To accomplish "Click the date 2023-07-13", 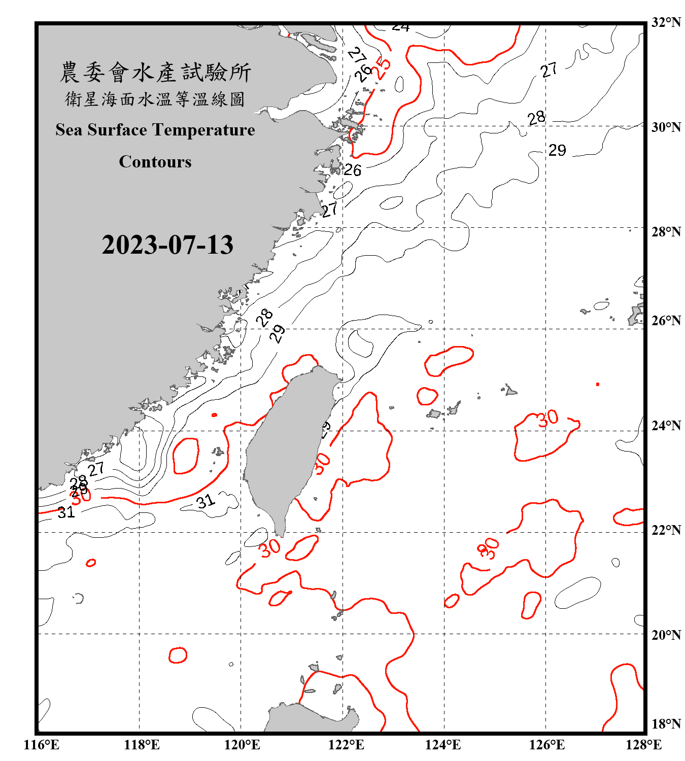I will coord(167,245).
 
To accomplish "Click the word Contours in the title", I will coord(155,162).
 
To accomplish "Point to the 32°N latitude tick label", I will coord(666,22).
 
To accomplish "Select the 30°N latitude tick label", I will coord(666,127).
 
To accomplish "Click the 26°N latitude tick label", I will coord(666,321).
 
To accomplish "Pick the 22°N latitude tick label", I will coord(666,530).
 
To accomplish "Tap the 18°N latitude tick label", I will coord(666,724).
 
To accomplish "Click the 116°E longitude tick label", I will coord(41,745).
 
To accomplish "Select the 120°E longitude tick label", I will coord(242,745).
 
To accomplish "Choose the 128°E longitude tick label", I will coord(643,745).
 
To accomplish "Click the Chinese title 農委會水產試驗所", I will coord(155,73).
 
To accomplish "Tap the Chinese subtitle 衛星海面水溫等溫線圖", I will coord(155,99).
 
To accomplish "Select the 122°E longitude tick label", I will coord(346,745).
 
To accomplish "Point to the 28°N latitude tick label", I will coord(666,232).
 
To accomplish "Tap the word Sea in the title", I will coord(70,130).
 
